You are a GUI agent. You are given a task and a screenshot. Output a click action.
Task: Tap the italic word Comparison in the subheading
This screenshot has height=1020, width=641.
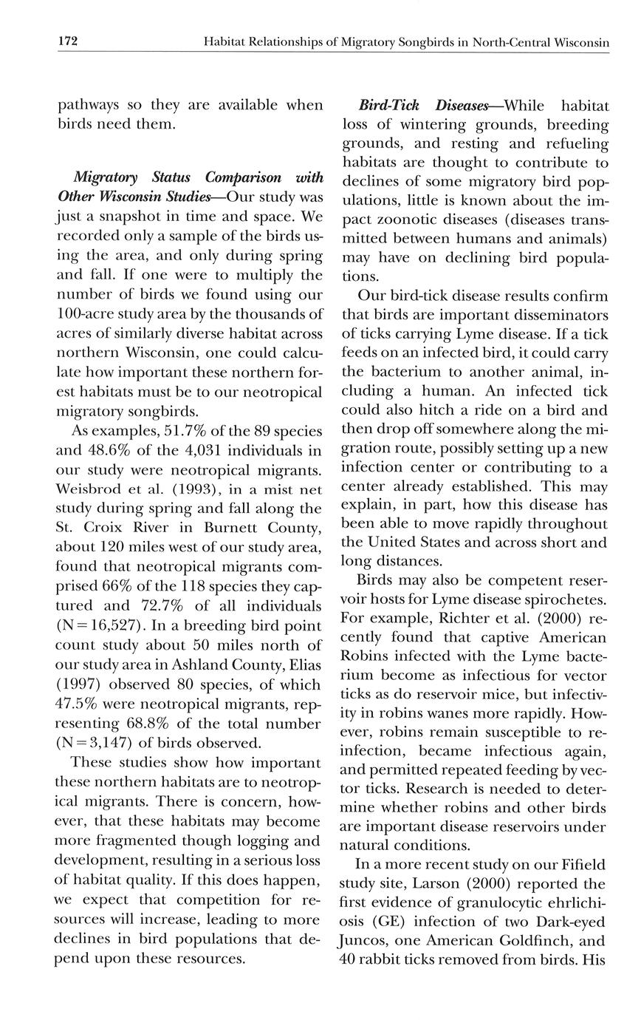(243, 177)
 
